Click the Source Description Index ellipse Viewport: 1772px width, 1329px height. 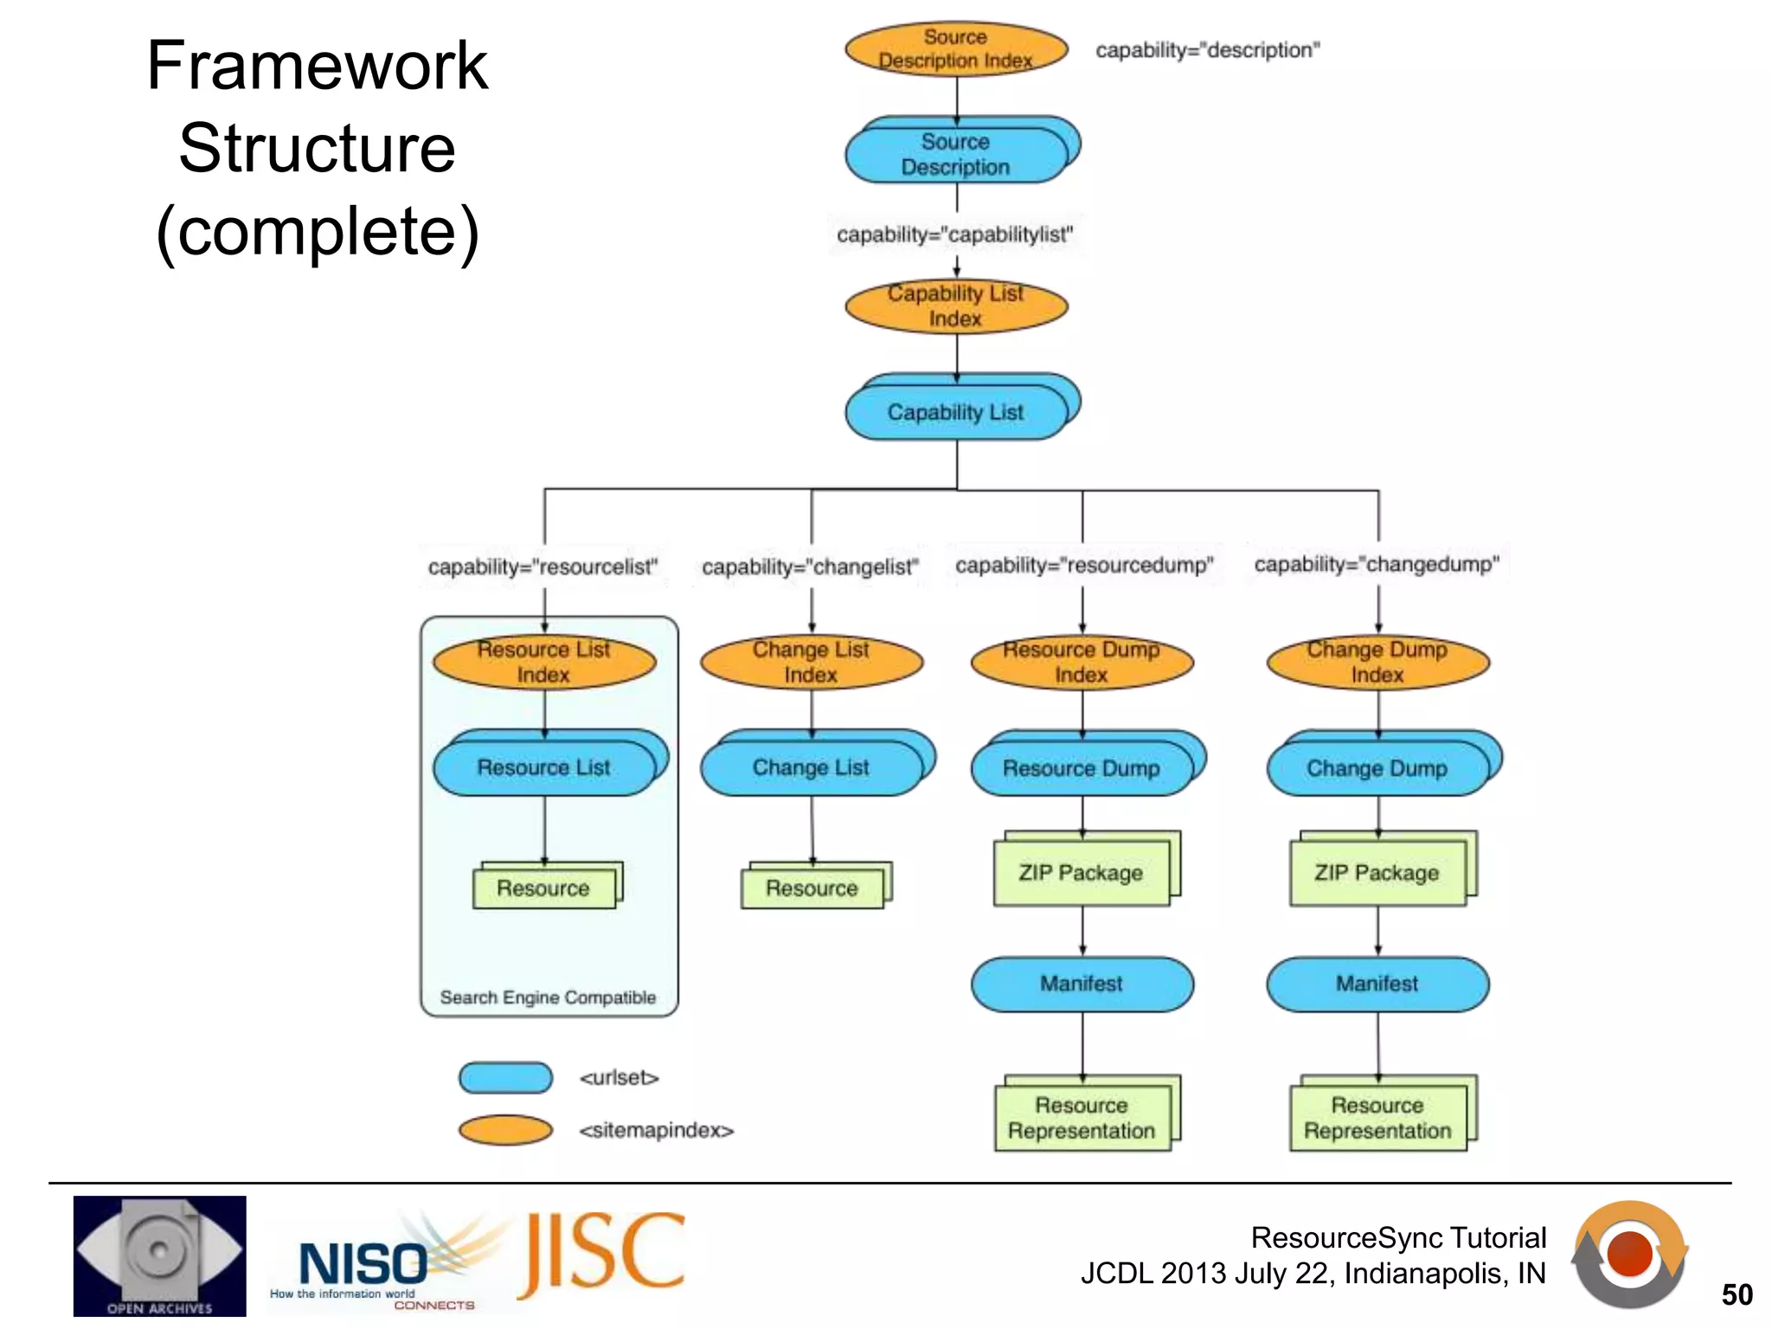(955, 48)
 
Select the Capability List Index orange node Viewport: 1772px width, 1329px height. (955, 306)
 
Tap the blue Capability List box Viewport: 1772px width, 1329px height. (955, 413)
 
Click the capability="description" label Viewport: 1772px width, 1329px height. (1207, 50)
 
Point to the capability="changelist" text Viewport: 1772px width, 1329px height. (810, 567)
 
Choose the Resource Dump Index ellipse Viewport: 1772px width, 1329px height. (1082, 663)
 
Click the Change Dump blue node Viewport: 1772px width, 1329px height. (1377, 768)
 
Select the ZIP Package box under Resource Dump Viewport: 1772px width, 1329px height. (1081, 873)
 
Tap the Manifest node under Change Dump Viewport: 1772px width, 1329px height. (1377, 984)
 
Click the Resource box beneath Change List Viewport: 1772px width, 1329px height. (812, 889)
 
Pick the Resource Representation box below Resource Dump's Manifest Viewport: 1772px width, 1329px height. (1082, 1118)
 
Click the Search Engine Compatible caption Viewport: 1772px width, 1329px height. (548, 998)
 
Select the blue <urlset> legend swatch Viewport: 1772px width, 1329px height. (505, 1078)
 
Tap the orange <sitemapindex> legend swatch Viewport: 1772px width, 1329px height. (505, 1130)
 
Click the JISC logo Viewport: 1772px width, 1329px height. (601, 1255)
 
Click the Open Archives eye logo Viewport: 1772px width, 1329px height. (159, 1255)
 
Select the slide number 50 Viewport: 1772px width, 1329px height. (1737, 1295)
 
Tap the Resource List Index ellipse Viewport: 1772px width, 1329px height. (543, 663)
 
